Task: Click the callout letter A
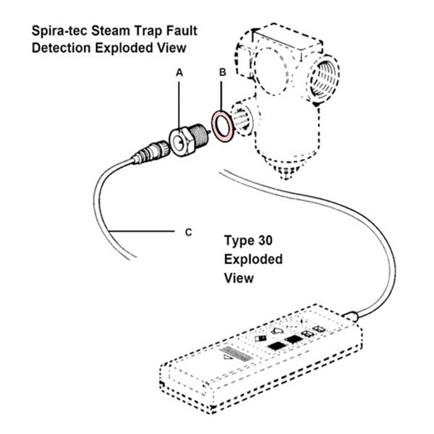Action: click(179, 73)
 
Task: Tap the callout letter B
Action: click(223, 73)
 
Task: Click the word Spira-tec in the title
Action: click(57, 33)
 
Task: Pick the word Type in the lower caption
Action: click(238, 241)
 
